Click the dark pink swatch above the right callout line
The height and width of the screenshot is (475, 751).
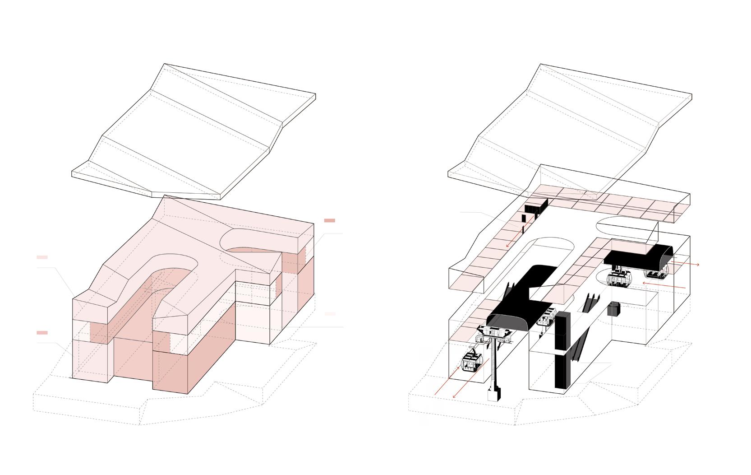click(x=329, y=221)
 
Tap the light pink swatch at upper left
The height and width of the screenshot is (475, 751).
click(x=42, y=257)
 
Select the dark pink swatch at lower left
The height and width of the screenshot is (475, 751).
click(x=42, y=333)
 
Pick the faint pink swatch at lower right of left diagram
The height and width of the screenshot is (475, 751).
click(x=330, y=313)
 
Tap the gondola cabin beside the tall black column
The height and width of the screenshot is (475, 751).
click(x=546, y=318)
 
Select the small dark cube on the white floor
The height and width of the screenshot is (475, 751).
click(x=614, y=309)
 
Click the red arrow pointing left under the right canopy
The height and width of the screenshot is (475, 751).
click(x=663, y=285)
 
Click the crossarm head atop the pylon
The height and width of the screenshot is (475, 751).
click(x=494, y=334)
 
